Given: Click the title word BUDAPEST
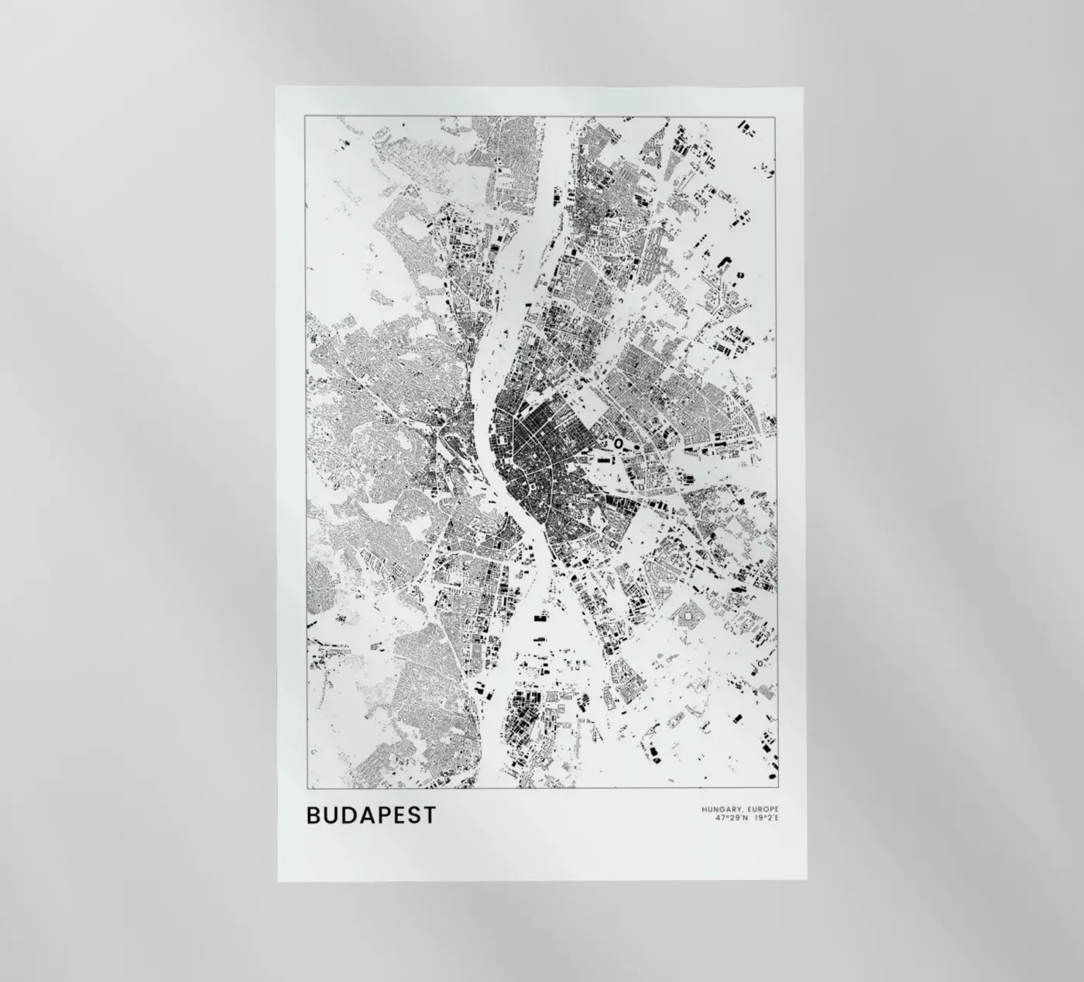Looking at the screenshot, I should click(x=371, y=815).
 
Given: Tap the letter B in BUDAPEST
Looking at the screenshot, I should click(x=314, y=815).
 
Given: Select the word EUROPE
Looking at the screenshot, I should click(x=763, y=809).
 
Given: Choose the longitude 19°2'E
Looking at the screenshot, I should click(x=765, y=818).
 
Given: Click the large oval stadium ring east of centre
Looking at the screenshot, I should click(x=619, y=443).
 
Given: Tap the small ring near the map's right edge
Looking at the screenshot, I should click(x=761, y=663).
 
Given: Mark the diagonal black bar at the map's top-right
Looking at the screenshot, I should click(x=746, y=127).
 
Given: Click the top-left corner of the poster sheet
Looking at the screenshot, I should click(x=276, y=87).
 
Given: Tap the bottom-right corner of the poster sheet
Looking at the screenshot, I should click(x=806, y=881).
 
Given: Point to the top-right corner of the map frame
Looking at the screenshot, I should click(x=776, y=115).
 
